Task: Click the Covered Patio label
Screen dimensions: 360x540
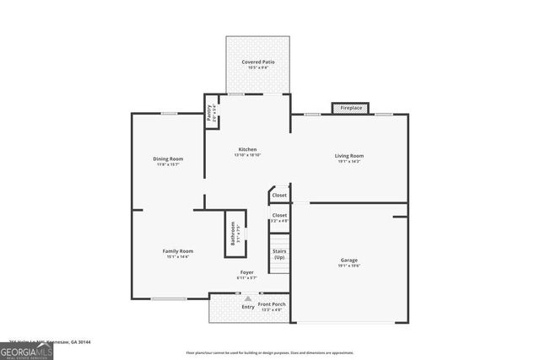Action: tap(258, 62)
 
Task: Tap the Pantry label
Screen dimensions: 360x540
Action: tap(210, 112)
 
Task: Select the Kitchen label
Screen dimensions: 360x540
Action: tap(246, 149)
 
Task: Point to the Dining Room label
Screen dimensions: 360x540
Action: tap(168, 159)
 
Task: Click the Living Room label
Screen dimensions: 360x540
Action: tap(348, 156)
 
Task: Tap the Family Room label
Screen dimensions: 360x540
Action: tap(178, 251)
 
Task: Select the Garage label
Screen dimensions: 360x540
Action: tap(349, 261)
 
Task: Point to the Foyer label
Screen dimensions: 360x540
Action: tap(246, 272)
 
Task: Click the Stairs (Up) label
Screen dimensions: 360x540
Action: tap(278, 254)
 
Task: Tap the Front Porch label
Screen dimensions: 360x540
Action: tap(272, 304)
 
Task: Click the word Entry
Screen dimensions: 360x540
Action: tap(248, 307)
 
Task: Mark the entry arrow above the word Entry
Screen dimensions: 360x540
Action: tap(247, 298)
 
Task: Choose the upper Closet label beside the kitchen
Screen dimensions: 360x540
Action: tap(279, 196)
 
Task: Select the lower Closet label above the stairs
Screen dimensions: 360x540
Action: tap(279, 215)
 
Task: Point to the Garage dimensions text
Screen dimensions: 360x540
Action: tap(349, 266)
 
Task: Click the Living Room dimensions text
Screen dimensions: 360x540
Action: tap(348, 161)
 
